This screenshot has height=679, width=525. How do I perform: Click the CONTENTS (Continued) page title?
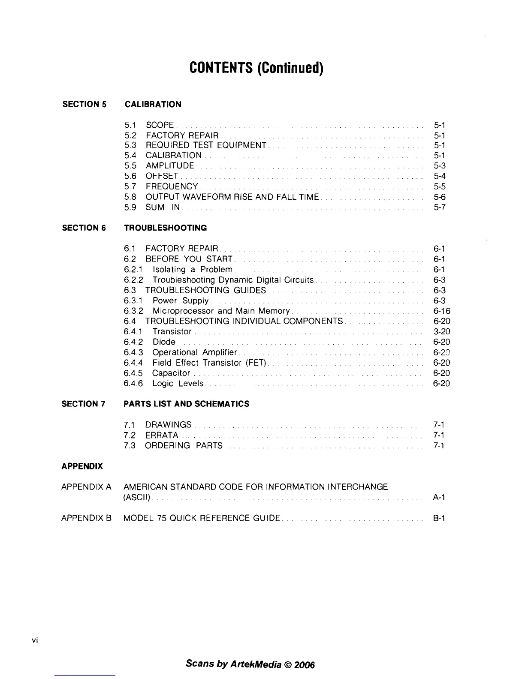click(x=256, y=68)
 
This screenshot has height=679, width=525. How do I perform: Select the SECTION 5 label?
click(x=84, y=104)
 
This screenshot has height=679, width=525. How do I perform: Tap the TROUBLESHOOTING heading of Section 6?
click(x=165, y=228)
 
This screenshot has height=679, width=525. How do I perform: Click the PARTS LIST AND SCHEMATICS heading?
click(x=186, y=404)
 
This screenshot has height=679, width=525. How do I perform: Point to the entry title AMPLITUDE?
click(x=170, y=166)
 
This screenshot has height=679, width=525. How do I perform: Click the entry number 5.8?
click(x=130, y=197)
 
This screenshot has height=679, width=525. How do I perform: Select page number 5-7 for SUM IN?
click(x=440, y=207)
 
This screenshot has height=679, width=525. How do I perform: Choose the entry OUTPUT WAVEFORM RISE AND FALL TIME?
click(x=232, y=197)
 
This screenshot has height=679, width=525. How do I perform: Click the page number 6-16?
click(x=442, y=311)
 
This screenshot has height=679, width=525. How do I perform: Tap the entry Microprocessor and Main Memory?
click(x=221, y=311)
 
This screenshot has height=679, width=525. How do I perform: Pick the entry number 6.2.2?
click(x=133, y=280)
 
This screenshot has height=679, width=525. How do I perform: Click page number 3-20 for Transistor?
click(x=442, y=332)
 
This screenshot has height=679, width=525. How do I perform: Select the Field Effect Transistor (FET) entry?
click(x=209, y=363)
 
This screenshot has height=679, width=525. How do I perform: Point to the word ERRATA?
click(x=162, y=436)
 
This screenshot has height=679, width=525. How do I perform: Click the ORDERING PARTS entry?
click(x=184, y=446)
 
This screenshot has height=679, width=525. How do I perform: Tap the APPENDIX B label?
click(x=86, y=518)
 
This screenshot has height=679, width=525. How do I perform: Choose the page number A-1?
click(x=439, y=498)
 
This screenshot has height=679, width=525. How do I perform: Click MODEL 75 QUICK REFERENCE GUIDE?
click(x=202, y=518)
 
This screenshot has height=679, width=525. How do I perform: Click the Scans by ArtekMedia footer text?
click(x=250, y=664)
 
